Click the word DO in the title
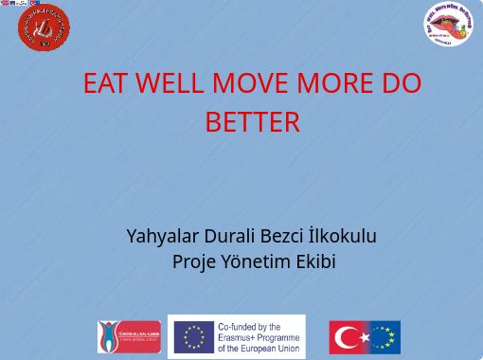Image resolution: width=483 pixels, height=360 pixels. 402,84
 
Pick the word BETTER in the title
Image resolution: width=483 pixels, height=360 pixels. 252,122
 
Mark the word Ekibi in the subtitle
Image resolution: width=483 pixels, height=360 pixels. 315,261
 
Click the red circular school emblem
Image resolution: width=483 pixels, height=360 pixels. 44,27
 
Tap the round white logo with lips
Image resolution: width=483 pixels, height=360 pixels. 447,24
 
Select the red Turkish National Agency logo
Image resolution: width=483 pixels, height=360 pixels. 129,336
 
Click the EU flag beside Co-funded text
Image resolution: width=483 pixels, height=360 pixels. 193,336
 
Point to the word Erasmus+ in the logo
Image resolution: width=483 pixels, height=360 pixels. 241,337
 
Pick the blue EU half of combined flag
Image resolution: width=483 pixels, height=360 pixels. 384,337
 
